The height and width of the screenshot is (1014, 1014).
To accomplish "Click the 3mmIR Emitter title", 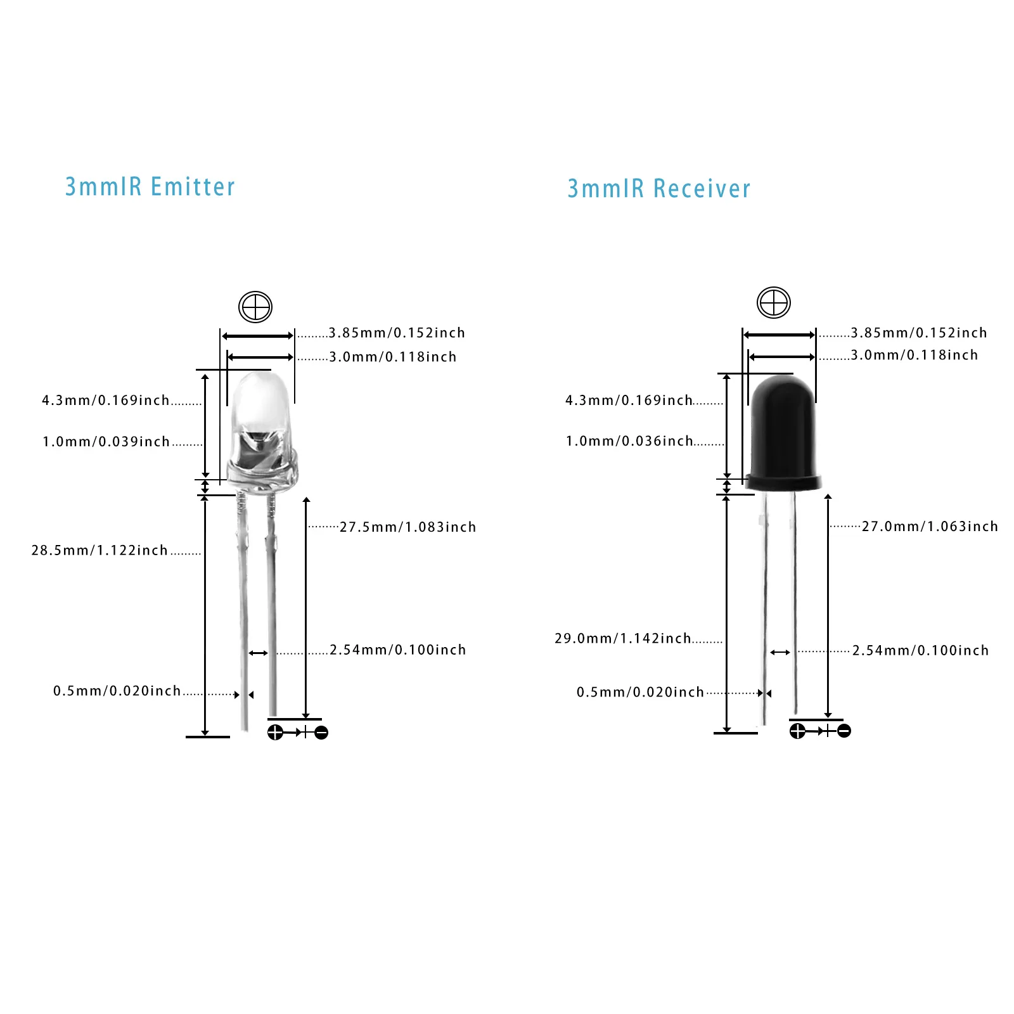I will (150, 187).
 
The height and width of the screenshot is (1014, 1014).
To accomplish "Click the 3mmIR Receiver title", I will (658, 189).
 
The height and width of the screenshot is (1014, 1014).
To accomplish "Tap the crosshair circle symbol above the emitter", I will (255, 307).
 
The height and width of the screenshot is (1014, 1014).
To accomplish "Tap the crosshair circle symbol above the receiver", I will (774, 302).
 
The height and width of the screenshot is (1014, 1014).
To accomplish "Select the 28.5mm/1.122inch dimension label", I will (99, 550).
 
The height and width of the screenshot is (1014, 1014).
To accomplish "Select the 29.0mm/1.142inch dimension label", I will (623, 638).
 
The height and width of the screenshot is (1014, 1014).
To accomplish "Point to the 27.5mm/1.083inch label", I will (408, 527).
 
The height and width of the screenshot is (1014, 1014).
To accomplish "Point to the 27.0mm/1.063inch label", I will (930, 526).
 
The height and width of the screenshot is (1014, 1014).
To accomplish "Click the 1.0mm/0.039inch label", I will (106, 442).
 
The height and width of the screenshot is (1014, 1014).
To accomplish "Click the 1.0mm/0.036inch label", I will (629, 441).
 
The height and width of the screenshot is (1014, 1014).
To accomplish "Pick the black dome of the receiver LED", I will (783, 431).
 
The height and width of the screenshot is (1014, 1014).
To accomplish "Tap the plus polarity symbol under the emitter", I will (275, 733).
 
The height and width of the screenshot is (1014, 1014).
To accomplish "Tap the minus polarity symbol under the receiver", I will (844, 731).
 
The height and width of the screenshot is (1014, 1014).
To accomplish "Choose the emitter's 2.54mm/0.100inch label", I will (398, 650).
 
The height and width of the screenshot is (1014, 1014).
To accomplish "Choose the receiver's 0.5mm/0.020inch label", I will (640, 692).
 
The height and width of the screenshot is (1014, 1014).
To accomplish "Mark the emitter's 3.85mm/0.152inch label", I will (397, 333).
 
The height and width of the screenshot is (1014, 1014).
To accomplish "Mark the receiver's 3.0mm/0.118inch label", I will (915, 355).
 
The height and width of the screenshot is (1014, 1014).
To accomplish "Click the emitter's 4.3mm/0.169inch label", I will (106, 400).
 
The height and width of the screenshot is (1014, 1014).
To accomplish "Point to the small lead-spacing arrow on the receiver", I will (780, 652).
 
